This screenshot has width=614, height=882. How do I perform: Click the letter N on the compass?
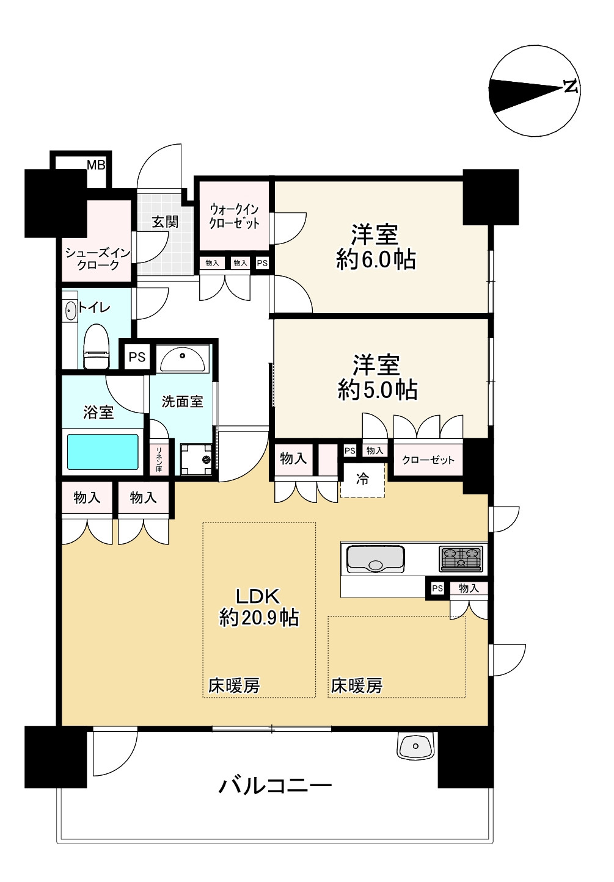(x=570, y=87)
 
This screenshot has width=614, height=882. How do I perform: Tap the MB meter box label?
(x=96, y=165)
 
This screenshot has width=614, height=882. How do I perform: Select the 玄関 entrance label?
(x=165, y=222)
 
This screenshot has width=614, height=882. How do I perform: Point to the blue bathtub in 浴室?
(x=103, y=452)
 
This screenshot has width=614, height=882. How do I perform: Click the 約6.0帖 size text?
(x=375, y=260)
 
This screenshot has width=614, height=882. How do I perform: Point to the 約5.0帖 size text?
(x=378, y=389)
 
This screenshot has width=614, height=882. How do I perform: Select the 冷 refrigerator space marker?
(x=362, y=480)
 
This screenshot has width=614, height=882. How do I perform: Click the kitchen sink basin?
(x=375, y=558)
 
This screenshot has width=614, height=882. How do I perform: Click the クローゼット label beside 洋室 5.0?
(x=428, y=460)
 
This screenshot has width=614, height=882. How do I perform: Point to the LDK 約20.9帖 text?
(x=259, y=607)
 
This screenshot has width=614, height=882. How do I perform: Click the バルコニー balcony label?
(x=275, y=785)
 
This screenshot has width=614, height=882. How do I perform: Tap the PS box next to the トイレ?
(x=137, y=356)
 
